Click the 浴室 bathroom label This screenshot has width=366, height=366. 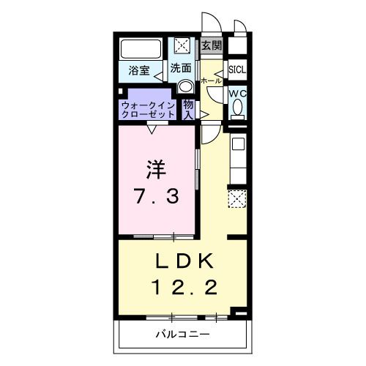point(139,70)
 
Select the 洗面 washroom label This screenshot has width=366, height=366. point(181,68)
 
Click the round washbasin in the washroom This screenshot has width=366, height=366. point(183,86)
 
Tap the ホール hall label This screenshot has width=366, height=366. point(210,80)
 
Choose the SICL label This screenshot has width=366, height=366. point(237,70)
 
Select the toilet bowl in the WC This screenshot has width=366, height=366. point(237,110)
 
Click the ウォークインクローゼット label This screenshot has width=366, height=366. point(149,110)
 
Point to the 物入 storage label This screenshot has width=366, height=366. point(188,110)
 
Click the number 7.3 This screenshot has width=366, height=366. point(155,195)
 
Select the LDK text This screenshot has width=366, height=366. point(183,261)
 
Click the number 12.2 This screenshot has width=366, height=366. point(184,288)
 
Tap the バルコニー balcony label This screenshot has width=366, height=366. point(183,335)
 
